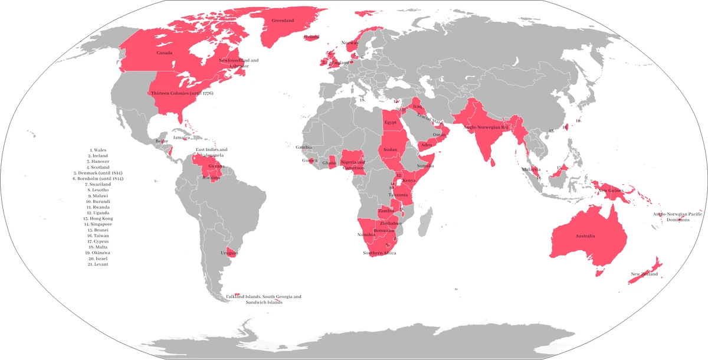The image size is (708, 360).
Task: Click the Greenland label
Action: (283, 21)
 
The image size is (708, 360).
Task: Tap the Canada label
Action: (165, 53)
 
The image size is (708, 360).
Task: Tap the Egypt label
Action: (390, 122)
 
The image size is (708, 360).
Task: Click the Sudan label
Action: (390, 150)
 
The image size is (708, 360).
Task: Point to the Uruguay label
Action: (229, 253)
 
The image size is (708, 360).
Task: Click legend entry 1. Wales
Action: (97, 150)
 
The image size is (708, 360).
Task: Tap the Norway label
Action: (350, 43)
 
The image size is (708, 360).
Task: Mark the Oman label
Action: (440, 135)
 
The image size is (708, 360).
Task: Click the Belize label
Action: (162, 142)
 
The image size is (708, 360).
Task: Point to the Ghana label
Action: (329, 163)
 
